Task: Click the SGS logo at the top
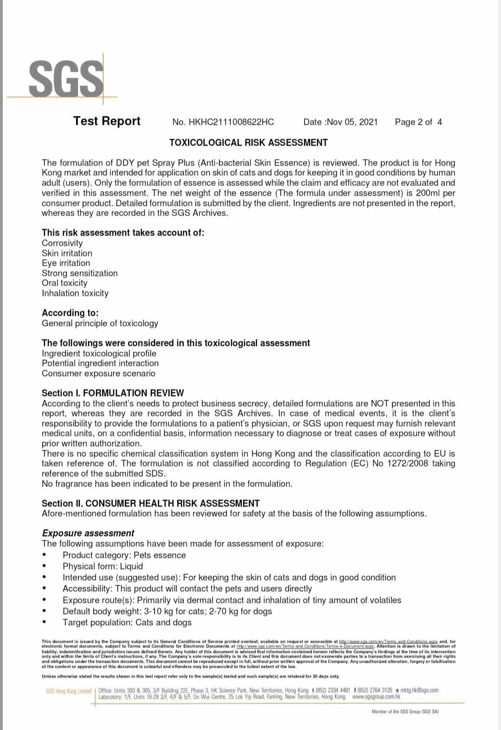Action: [x=66, y=78]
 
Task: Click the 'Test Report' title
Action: [x=107, y=121]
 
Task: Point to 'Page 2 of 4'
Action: [x=418, y=122]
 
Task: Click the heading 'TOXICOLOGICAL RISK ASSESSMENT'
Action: [x=248, y=142]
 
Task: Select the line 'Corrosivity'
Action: [x=62, y=243]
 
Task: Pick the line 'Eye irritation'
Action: [x=66, y=263]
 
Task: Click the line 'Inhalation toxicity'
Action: [x=75, y=293]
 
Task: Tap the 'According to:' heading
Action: [x=70, y=313]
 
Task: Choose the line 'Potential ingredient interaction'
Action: [x=100, y=363]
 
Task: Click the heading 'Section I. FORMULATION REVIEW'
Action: [x=113, y=393]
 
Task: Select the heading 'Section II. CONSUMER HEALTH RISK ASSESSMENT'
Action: [x=151, y=503]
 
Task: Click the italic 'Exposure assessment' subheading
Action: [x=88, y=533]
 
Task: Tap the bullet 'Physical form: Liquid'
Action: [x=103, y=566]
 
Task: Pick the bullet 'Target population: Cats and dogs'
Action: [x=127, y=622]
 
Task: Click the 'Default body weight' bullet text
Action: [x=167, y=611]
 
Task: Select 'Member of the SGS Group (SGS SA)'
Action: [x=405, y=711]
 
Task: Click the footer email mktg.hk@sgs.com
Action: [x=419, y=690]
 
